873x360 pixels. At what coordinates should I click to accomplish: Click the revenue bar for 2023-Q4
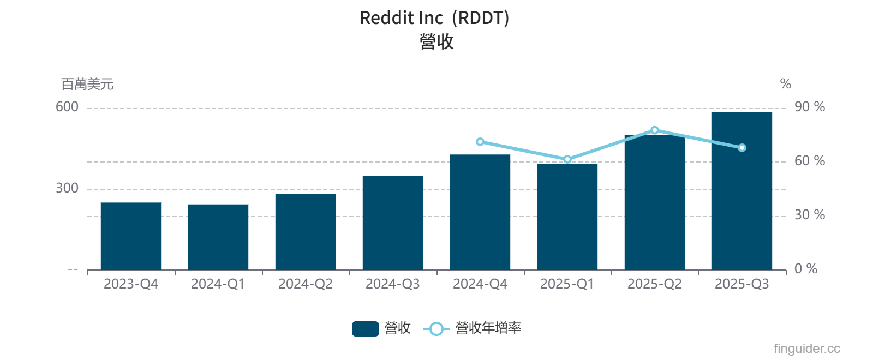[131, 236]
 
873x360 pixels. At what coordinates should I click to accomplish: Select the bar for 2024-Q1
[218, 237]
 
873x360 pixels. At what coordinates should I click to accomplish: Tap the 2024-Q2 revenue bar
[306, 232]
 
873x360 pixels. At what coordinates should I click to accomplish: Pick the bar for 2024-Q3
[393, 223]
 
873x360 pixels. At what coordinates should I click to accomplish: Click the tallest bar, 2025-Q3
[742, 191]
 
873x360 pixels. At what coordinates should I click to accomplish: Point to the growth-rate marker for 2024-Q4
[480, 142]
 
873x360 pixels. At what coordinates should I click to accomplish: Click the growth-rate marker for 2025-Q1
[567, 159]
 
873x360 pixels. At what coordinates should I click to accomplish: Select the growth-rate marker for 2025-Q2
[655, 130]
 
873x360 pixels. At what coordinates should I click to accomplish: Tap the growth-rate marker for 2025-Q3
[742, 148]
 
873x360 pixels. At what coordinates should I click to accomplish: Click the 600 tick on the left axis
[67, 107]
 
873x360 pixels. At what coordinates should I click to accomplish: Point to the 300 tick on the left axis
[67, 188]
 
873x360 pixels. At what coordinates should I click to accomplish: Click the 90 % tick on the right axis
[809, 107]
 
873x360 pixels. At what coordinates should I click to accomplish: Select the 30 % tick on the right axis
[809, 215]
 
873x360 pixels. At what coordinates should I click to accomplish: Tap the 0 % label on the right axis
[805, 269]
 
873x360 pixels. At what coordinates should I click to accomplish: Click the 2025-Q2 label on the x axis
[655, 284]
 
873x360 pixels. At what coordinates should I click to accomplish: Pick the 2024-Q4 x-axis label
[480, 284]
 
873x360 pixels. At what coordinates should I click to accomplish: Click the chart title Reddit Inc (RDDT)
[434, 18]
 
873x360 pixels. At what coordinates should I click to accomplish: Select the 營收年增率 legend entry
[473, 328]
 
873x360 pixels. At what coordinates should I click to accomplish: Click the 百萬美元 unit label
[87, 84]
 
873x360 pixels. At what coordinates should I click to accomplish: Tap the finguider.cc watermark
[806, 349]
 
